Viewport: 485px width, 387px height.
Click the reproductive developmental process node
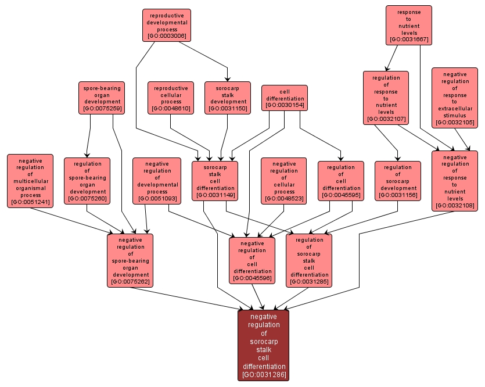coord(166,25)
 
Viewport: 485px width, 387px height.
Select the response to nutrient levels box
coord(408,25)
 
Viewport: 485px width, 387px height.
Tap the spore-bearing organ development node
coord(102,98)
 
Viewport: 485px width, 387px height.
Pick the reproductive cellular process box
coord(170,98)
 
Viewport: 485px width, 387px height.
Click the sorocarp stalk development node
coord(228,98)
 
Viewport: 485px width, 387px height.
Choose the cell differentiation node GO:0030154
coord(284,98)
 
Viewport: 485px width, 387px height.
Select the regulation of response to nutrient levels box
coord(386,98)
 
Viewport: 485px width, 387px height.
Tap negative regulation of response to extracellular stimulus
coord(454,98)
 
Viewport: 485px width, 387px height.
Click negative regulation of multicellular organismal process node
coord(30,180)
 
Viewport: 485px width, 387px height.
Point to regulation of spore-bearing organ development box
coord(87,180)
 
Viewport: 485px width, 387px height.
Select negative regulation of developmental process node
coord(157,180)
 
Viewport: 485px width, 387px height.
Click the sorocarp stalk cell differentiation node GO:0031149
coord(215,180)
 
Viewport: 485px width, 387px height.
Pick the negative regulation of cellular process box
coord(284,180)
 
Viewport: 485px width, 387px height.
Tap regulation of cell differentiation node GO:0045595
coord(341,180)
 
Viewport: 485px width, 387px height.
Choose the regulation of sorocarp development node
coord(397,180)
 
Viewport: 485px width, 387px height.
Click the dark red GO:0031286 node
coord(264,345)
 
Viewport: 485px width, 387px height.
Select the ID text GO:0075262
coord(130,282)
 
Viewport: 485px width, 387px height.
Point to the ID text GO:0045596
coord(252,278)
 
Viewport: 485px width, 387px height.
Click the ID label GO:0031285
coord(309,282)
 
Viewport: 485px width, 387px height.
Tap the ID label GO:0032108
coord(454,205)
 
